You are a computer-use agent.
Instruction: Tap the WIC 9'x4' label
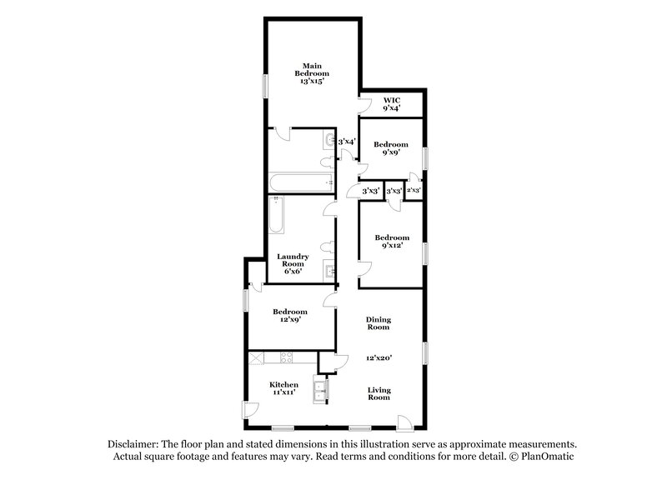coord(391,103)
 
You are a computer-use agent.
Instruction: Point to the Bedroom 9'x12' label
coord(391,242)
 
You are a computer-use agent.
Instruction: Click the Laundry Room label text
coord(293,262)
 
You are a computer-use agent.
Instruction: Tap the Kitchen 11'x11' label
coord(283,389)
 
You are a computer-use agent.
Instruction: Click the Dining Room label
coord(379,324)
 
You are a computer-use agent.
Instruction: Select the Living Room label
coord(379,393)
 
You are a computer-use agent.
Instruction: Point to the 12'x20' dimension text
coord(379,358)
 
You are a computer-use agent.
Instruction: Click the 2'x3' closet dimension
coord(414,191)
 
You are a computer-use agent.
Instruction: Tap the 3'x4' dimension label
coord(347,142)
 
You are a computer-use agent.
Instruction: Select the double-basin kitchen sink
coord(320,390)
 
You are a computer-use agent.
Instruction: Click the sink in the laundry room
coord(329,269)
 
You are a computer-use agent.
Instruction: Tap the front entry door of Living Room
coord(404,422)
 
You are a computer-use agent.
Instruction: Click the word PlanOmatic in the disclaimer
coord(544,457)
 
